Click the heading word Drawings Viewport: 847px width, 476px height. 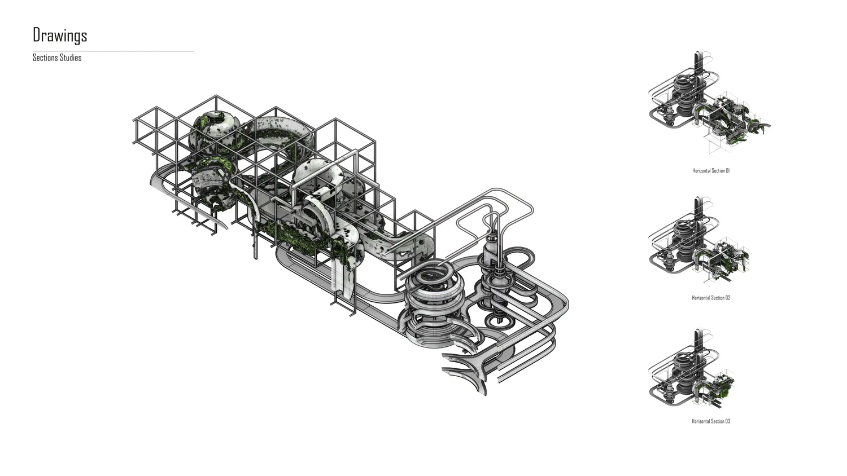60,35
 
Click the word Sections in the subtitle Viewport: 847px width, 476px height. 45,58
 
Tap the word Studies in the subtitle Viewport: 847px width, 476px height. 71,58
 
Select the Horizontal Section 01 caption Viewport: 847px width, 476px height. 711,170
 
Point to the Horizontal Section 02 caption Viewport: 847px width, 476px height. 711,298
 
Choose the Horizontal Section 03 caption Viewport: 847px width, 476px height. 711,421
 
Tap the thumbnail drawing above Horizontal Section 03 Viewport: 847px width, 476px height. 692,369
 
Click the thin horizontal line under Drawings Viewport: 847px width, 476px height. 113,51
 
